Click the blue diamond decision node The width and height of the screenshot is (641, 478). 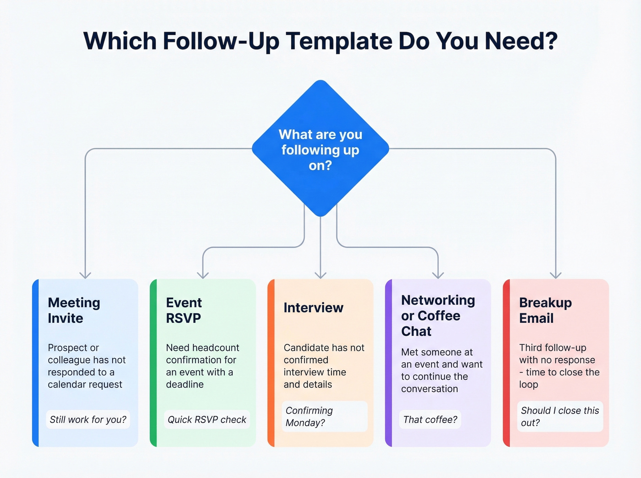(x=320, y=149)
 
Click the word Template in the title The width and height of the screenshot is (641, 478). (x=339, y=41)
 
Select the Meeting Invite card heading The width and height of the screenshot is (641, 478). (x=74, y=310)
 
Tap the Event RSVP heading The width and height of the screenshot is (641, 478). (x=184, y=310)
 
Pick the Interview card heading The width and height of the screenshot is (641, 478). (x=313, y=308)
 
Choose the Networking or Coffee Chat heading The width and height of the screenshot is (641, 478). (x=438, y=316)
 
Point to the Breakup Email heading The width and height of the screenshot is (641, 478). (x=545, y=310)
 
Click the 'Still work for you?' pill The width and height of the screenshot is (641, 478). (x=88, y=419)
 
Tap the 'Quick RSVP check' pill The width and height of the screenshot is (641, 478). (x=207, y=419)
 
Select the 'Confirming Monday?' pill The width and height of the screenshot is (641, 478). (x=325, y=417)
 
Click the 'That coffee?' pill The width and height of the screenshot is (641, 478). (x=430, y=419)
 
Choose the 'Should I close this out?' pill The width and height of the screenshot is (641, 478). (x=560, y=417)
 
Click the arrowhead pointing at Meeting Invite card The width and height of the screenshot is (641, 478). (x=85, y=275)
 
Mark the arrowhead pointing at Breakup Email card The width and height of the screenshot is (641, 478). (x=555, y=275)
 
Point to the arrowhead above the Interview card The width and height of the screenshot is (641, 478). (x=320, y=275)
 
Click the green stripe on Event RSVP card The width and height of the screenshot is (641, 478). (x=153, y=363)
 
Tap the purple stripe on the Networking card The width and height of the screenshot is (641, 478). (x=389, y=363)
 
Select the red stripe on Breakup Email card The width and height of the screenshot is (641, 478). (x=506, y=363)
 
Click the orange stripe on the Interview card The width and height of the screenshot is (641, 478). (x=271, y=363)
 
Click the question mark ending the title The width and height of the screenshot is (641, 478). (x=551, y=41)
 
